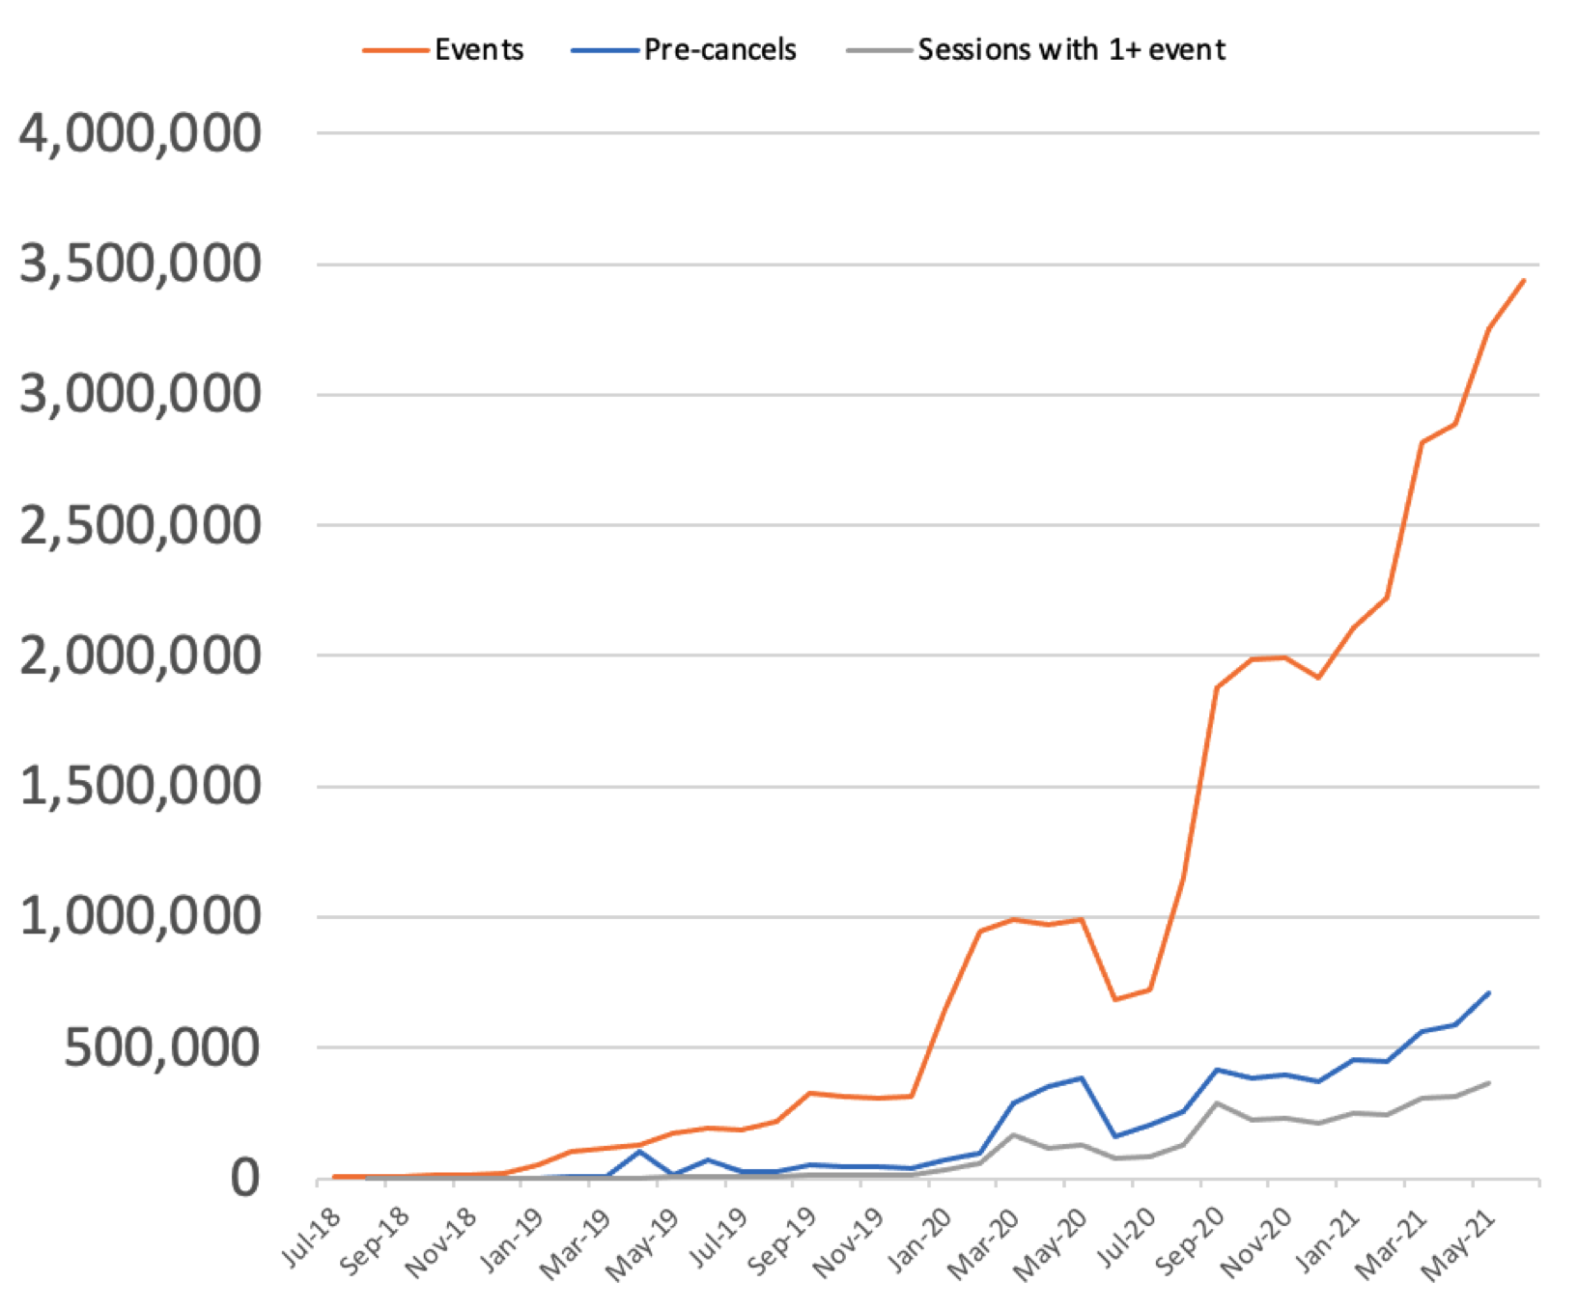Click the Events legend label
[479, 49]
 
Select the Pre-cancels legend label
[720, 49]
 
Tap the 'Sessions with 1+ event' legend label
[1071, 49]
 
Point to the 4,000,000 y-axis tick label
[140, 133]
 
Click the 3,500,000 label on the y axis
[140, 264]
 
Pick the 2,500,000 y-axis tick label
[140, 525]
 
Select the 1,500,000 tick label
[140, 786]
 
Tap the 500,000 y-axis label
[162, 1047]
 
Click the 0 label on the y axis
[245, 1178]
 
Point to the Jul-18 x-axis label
[312, 1237]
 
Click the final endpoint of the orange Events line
[1523, 281]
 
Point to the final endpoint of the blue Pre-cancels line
[1488, 992]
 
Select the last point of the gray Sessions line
[1488, 1083]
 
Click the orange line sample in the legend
[395, 50]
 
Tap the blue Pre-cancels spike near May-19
[639, 1151]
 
